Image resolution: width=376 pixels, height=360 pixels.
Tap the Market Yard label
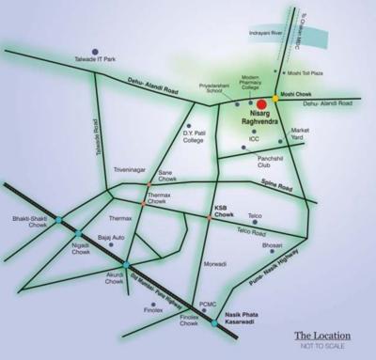tap(300, 135)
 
